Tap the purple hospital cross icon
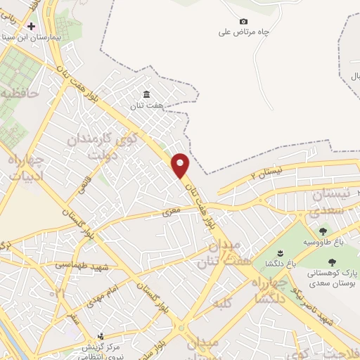pos(31,25)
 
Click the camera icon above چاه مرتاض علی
pos(244,22)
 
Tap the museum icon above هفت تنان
pos(146,95)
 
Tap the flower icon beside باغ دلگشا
pos(279,253)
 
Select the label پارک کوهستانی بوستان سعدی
pos(331,276)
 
